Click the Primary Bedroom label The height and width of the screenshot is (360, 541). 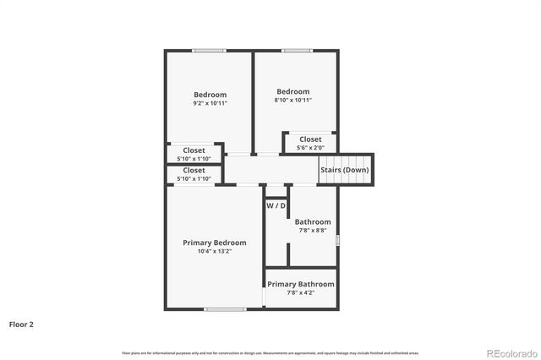pos(214,243)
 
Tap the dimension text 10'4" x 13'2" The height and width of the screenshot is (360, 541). pos(214,251)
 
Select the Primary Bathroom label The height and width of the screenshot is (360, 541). pos(301,284)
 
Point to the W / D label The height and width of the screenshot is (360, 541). pos(276,205)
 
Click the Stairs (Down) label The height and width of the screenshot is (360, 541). pos(344,170)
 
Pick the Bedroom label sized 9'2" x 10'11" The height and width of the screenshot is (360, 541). pos(210,95)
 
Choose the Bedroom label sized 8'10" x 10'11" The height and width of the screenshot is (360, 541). pos(292,91)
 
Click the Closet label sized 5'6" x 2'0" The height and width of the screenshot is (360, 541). pos(310,139)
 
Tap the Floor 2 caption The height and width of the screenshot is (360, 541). pos(21,324)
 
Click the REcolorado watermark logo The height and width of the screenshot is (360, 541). pos(508,352)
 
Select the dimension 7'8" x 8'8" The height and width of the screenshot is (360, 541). pos(312,231)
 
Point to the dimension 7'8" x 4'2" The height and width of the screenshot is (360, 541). pos(301,293)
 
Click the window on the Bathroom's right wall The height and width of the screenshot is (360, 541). pos(337,241)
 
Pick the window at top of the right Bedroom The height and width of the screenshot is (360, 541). pos(297,51)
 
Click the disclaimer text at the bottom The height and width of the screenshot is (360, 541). pos(270,352)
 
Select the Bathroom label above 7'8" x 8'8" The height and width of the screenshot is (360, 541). pos(312,222)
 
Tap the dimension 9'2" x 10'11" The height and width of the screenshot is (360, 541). pos(210,103)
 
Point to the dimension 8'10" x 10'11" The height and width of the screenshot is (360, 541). pos(292,100)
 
